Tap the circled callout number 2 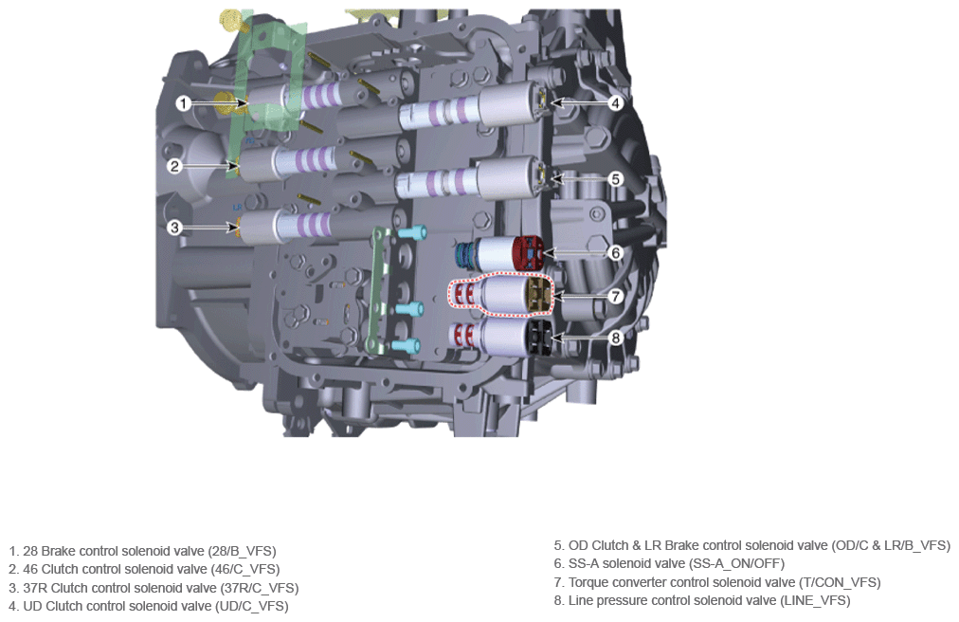pos(175,166)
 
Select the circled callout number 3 pos(175,228)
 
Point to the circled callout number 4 pos(616,102)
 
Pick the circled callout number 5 pos(616,179)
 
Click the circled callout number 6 pos(616,252)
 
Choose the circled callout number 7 pos(616,297)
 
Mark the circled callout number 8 pos(616,338)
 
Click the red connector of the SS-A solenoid pos(528,253)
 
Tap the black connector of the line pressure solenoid pos(539,338)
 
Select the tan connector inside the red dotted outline pos(538,296)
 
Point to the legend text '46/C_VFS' pos(245,569)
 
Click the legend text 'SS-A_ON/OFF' pos(736,564)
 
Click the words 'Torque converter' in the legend pos(617,583)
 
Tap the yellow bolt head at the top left pos(230,20)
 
